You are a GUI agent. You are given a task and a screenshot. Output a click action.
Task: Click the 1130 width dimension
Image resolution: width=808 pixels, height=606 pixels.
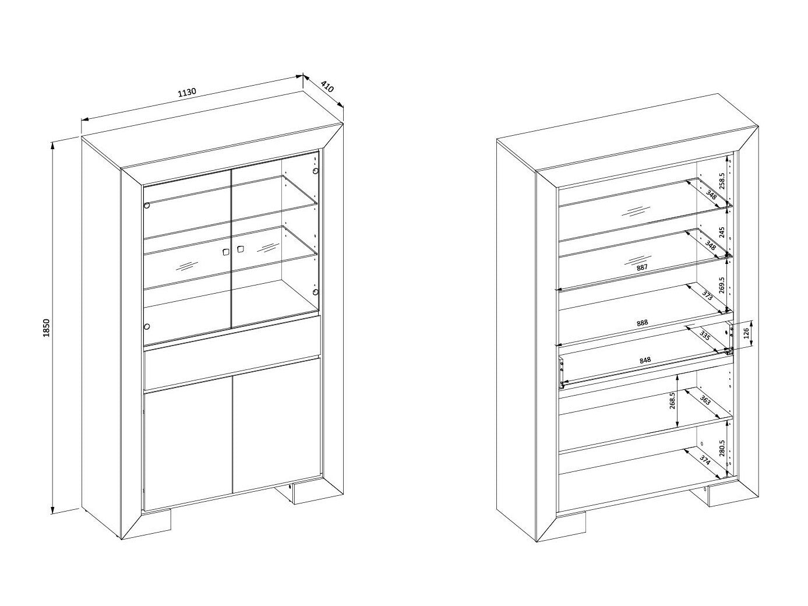pyautogui.click(x=188, y=92)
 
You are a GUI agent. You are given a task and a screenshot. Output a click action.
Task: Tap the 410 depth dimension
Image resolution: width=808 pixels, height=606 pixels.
pyautogui.click(x=327, y=87)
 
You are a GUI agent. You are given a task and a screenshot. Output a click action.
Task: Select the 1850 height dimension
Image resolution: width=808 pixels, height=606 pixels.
pyautogui.click(x=46, y=328)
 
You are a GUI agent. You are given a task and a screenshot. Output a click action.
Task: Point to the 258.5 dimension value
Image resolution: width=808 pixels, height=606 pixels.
pyautogui.click(x=722, y=181)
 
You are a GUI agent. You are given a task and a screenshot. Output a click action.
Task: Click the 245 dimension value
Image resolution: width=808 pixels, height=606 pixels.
pyautogui.click(x=722, y=232)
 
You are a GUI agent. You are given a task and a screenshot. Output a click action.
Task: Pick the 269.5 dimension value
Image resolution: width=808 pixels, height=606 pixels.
pyautogui.click(x=721, y=286)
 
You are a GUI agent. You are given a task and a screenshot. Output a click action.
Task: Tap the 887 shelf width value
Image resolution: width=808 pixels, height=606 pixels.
pyautogui.click(x=641, y=267)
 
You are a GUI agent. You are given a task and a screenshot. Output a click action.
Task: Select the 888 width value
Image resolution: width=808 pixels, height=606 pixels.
pyautogui.click(x=642, y=323)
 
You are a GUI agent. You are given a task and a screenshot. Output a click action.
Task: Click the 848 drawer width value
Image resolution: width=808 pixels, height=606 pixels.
pyautogui.click(x=645, y=360)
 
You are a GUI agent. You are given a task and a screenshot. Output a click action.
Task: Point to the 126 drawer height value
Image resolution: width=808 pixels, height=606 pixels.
pyautogui.click(x=746, y=333)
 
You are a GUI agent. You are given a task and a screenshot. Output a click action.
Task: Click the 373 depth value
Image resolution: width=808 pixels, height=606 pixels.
pyautogui.click(x=707, y=295)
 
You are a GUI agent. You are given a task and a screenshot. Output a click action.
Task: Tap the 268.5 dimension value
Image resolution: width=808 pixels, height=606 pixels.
pyautogui.click(x=672, y=400)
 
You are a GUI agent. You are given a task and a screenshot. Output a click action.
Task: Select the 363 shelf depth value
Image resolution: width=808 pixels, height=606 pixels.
pyautogui.click(x=704, y=400)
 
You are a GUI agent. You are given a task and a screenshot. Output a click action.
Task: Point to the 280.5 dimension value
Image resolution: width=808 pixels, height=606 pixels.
pyautogui.click(x=722, y=448)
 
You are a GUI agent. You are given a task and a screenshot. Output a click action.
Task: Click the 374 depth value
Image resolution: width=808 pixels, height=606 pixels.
pyautogui.click(x=704, y=460)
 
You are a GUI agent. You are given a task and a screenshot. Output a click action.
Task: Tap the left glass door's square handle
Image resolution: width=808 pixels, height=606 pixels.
pyautogui.click(x=225, y=252)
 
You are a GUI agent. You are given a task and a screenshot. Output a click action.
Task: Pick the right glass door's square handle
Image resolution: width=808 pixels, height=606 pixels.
pyautogui.click(x=241, y=249)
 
